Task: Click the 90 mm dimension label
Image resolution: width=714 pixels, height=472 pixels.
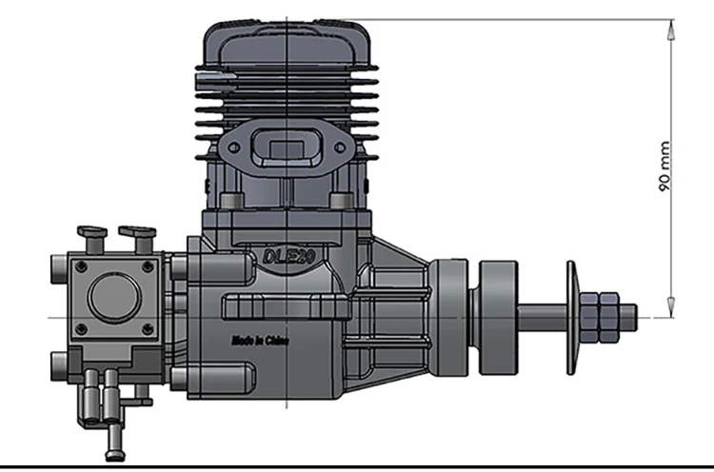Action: (x=664, y=167)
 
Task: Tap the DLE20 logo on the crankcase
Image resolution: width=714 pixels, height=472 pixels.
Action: (x=288, y=257)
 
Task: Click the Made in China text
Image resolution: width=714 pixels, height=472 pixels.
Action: (x=260, y=341)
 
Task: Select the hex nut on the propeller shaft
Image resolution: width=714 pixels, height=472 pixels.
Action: (x=599, y=318)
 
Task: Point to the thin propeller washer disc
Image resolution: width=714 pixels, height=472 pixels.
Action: (x=571, y=318)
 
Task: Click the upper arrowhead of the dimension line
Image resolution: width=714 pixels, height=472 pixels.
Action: (x=671, y=29)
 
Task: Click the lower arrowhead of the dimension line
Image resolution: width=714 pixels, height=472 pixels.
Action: (x=671, y=308)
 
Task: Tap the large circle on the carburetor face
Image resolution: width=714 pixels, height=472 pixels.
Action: (x=115, y=296)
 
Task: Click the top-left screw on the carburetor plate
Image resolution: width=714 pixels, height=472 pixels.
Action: (x=81, y=266)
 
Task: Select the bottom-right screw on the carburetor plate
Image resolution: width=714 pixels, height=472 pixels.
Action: (x=148, y=328)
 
